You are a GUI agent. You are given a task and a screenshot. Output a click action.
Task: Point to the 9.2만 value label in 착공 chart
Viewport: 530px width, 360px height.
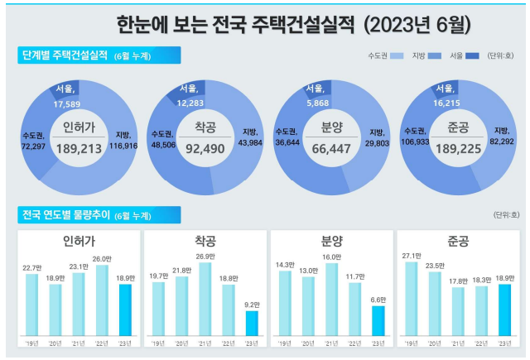[251, 305]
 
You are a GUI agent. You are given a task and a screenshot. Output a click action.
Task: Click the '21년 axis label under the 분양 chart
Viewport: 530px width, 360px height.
[330, 342]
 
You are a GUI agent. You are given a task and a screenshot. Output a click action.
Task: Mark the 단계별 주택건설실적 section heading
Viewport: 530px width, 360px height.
[65, 55]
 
